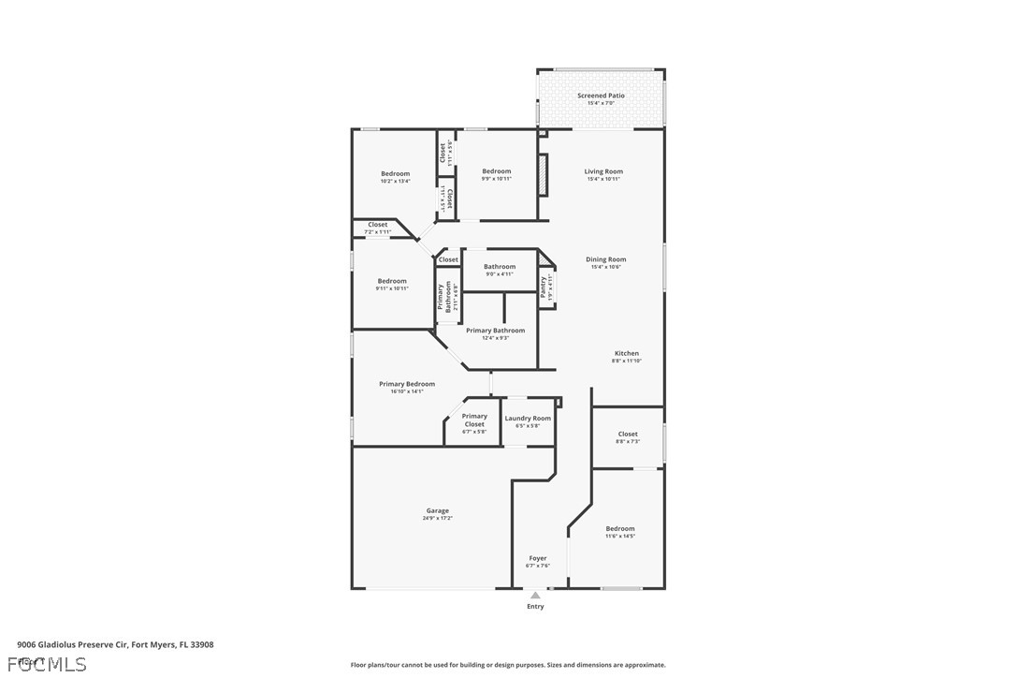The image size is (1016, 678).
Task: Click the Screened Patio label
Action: click(601, 96)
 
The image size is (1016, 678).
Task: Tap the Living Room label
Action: click(603, 171)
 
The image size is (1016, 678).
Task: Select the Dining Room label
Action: click(605, 259)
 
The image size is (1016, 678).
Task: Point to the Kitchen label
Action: click(626, 354)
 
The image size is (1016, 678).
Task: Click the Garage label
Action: click(437, 510)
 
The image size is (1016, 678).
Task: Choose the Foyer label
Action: click(538, 558)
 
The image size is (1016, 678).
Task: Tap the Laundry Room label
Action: click(529, 419)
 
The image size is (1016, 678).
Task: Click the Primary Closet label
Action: click(474, 420)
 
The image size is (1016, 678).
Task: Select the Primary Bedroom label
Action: click(407, 384)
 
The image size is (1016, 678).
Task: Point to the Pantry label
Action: click(544, 287)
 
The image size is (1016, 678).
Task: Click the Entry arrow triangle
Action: click(535, 595)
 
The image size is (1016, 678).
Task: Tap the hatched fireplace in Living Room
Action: click(541, 175)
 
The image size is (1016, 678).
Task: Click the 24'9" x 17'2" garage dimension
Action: click(437, 518)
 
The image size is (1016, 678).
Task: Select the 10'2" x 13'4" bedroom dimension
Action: click(395, 181)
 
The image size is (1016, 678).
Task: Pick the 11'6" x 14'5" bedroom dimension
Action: click(619, 536)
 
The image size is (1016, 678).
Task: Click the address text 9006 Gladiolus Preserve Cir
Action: click(115, 644)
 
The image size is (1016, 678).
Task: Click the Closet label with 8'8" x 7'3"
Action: click(628, 435)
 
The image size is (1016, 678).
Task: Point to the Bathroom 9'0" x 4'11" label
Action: click(500, 267)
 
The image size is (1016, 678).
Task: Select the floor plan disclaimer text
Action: click(508, 665)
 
